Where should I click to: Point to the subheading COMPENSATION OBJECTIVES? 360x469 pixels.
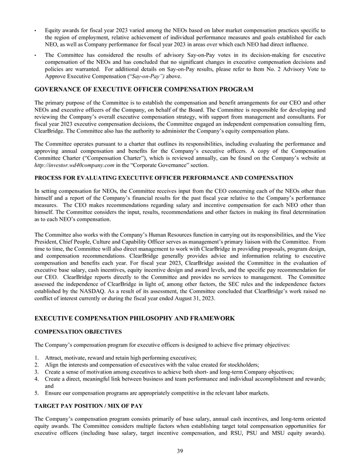point(77,331)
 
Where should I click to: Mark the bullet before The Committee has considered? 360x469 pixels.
point(36,54)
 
